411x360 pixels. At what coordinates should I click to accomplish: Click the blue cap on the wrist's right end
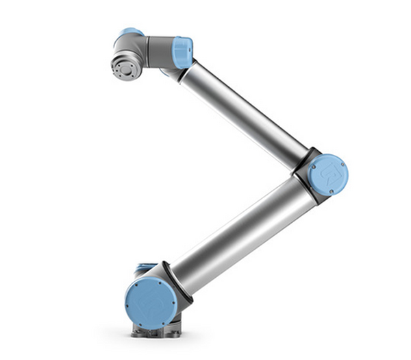(x=182, y=53)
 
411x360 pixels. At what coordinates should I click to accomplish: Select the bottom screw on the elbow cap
(x=332, y=191)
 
